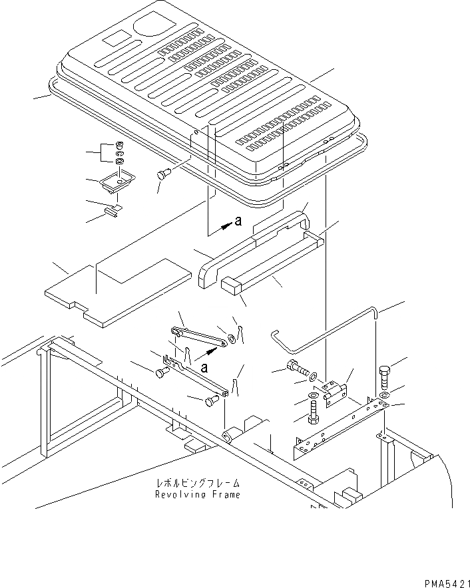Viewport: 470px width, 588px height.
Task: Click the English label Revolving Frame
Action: click(197, 494)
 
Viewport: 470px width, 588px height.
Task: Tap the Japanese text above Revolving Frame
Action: click(197, 484)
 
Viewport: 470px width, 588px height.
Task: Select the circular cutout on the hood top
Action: click(152, 27)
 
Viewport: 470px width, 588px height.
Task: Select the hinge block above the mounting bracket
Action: click(335, 392)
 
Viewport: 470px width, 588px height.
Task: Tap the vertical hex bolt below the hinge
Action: click(313, 410)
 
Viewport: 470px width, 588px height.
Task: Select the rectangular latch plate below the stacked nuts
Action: click(117, 182)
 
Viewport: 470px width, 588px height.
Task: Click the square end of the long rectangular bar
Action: click(231, 286)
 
